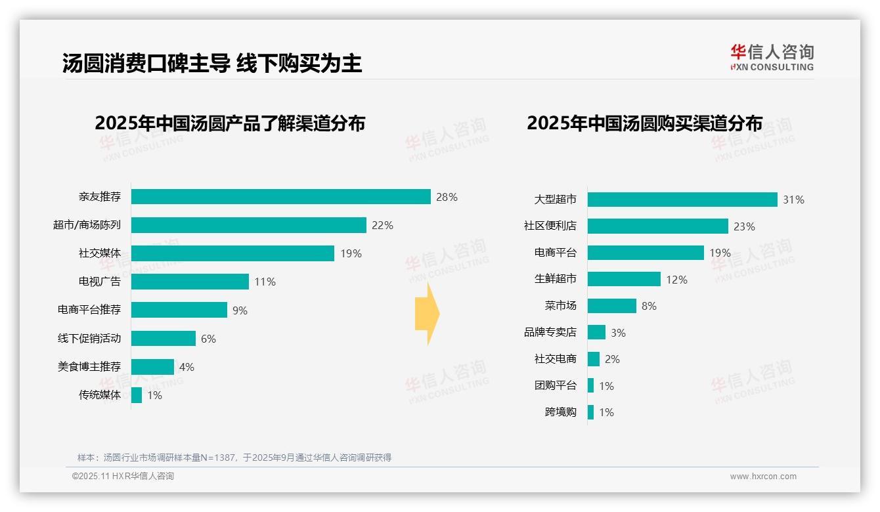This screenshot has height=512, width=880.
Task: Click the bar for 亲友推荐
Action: click(280, 196)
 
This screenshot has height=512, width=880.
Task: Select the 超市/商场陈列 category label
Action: click(87, 225)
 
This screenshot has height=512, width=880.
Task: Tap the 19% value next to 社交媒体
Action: click(351, 253)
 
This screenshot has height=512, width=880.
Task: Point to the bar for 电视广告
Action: click(190, 282)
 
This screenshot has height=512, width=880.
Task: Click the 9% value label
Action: click(240, 310)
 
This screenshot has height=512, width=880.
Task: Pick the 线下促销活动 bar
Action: click(164, 338)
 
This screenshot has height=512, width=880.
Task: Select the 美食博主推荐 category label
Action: click(89, 367)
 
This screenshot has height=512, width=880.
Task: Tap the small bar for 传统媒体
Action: click(137, 395)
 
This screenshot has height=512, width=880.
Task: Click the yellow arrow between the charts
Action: click(427, 314)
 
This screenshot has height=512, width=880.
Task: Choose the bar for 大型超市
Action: click(682, 200)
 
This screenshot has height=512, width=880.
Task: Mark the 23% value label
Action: click(744, 226)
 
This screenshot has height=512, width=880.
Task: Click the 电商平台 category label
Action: click(555, 253)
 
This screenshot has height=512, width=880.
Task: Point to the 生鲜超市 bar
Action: click(624, 279)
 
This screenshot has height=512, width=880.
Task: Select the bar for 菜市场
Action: click(611, 306)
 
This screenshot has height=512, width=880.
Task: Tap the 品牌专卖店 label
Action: click(550, 333)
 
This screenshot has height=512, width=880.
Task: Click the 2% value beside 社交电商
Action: click(612, 359)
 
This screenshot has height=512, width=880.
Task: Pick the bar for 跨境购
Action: click(590, 412)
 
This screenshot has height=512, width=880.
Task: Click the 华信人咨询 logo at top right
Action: click(772, 57)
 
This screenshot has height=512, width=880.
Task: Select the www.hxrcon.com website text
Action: click(763, 477)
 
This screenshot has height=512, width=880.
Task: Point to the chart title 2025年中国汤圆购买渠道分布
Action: click(644, 123)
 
